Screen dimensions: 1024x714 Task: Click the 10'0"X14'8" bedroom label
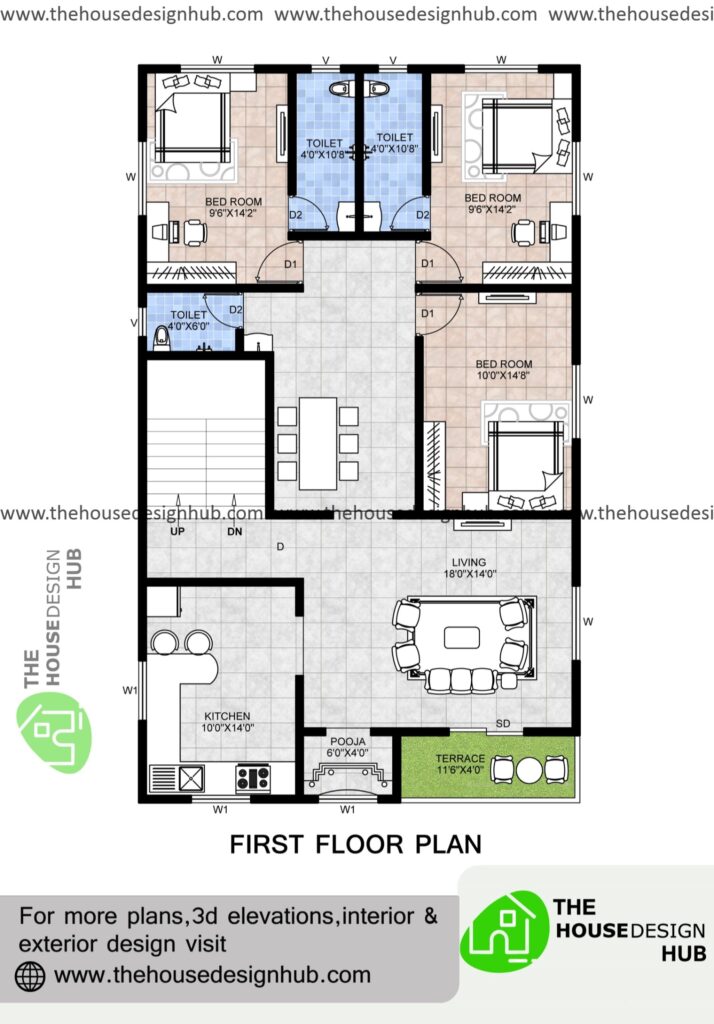coord(504,370)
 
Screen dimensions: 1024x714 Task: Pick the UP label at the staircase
coord(178,532)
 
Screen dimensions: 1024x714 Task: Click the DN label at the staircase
coord(234,532)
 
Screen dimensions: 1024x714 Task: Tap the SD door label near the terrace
coord(504,724)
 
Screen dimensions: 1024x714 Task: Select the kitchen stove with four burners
coord(252,777)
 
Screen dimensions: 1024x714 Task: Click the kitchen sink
coord(189,778)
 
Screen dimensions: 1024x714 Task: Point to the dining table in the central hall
coord(318,443)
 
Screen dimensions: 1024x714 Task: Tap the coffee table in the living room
coord(461,637)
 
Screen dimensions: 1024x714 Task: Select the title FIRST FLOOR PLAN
coord(355,844)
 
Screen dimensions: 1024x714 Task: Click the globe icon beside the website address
coord(31,974)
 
